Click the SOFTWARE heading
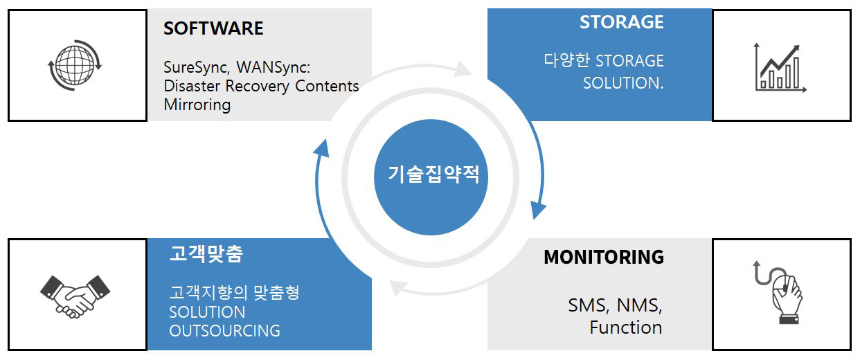(x=213, y=28)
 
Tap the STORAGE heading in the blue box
(x=622, y=22)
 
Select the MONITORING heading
(x=604, y=257)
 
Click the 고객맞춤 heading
(x=206, y=253)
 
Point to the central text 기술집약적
(x=434, y=174)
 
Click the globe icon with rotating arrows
(x=75, y=65)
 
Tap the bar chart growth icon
(x=780, y=68)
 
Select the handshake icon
(x=75, y=296)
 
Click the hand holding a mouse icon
(x=778, y=292)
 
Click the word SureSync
(x=195, y=68)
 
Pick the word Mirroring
(x=197, y=105)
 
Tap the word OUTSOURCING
(x=224, y=331)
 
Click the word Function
(x=626, y=327)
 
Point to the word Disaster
(x=192, y=86)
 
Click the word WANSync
(x=271, y=68)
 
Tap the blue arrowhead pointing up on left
(x=322, y=149)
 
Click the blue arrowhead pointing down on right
(x=538, y=210)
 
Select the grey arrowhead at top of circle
(x=463, y=69)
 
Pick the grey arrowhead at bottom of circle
(x=398, y=288)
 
